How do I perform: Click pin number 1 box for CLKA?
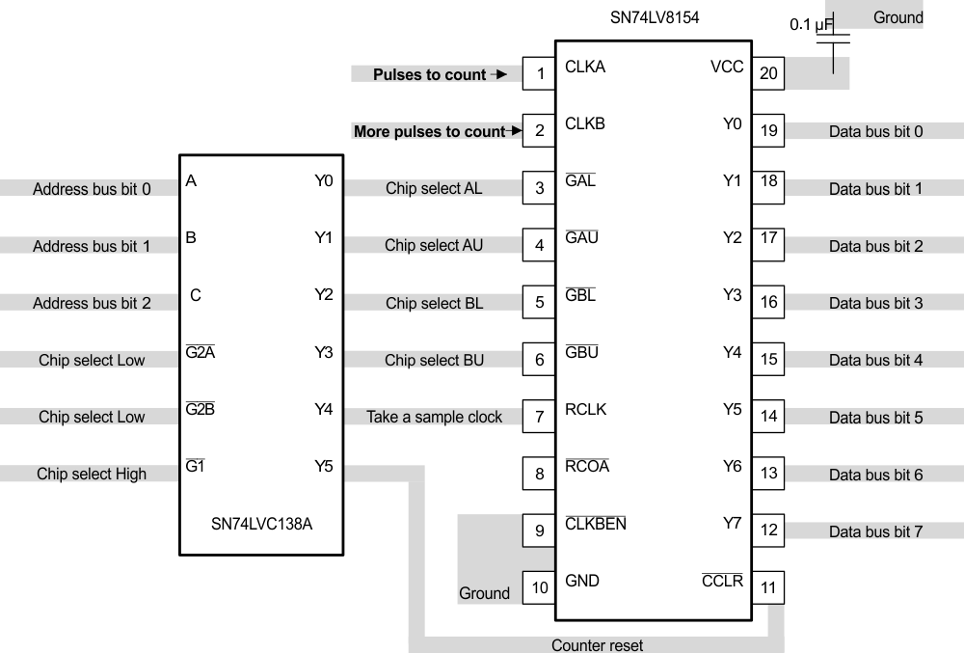(539, 73)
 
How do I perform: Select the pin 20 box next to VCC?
(768, 73)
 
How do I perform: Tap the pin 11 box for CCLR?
(768, 587)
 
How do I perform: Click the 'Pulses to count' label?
(429, 74)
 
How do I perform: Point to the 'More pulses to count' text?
(429, 131)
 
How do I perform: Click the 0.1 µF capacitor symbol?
(835, 39)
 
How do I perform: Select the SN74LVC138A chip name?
(261, 525)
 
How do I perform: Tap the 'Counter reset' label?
(597, 645)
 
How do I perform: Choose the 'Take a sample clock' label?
(434, 417)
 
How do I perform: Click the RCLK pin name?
(585, 410)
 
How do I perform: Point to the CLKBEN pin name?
(595, 524)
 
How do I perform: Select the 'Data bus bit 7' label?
(875, 531)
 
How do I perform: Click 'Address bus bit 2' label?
(92, 303)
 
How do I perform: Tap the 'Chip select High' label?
(92, 474)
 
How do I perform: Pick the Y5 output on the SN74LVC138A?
(324, 467)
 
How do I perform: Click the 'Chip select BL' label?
(434, 303)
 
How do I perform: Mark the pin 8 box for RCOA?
(539, 474)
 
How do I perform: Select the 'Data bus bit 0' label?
(875, 131)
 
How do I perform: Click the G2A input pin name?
(200, 353)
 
